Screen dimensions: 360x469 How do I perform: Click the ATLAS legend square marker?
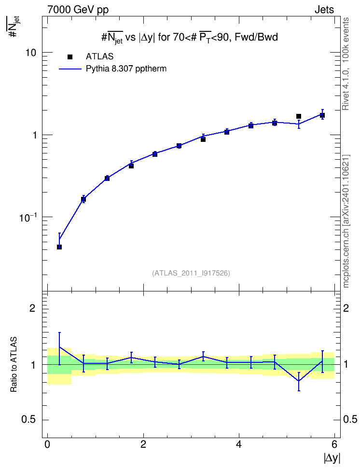pyautogui.click(x=70, y=57)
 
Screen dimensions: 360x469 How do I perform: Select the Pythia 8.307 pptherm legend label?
pyautogui.click(x=126, y=69)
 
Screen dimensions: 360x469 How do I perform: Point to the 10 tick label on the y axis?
pyautogui.click(x=31, y=53)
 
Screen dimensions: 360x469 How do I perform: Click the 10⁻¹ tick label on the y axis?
pyautogui.click(x=28, y=217)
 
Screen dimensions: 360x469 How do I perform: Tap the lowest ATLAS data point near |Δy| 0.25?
pyautogui.click(x=59, y=247)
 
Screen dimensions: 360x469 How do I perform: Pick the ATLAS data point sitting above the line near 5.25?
pyautogui.click(x=299, y=116)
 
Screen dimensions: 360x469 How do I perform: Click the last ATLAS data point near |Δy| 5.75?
pyautogui.click(x=322, y=115)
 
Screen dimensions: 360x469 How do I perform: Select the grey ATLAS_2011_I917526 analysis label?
pyautogui.click(x=191, y=273)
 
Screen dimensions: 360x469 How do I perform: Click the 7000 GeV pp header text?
pyautogui.click(x=78, y=10)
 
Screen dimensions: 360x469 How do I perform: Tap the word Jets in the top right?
pyautogui.click(x=324, y=10)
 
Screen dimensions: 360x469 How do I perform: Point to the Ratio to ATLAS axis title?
pyautogui.click(x=14, y=364)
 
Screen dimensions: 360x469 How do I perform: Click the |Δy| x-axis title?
pyautogui.click(x=332, y=458)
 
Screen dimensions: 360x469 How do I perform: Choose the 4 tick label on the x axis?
pyautogui.click(x=239, y=444)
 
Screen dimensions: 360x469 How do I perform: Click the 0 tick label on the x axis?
pyautogui.click(x=47, y=444)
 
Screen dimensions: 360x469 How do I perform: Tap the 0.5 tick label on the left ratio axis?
pyautogui.click(x=28, y=420)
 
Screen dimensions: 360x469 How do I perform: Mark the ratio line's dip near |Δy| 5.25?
pyautogui.click(x=299, y=381)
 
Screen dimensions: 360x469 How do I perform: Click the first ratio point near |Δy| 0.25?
pyautogui.click(x=59, y=347)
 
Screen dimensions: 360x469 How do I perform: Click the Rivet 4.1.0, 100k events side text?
pyautogui.click(x=346, y=64)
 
